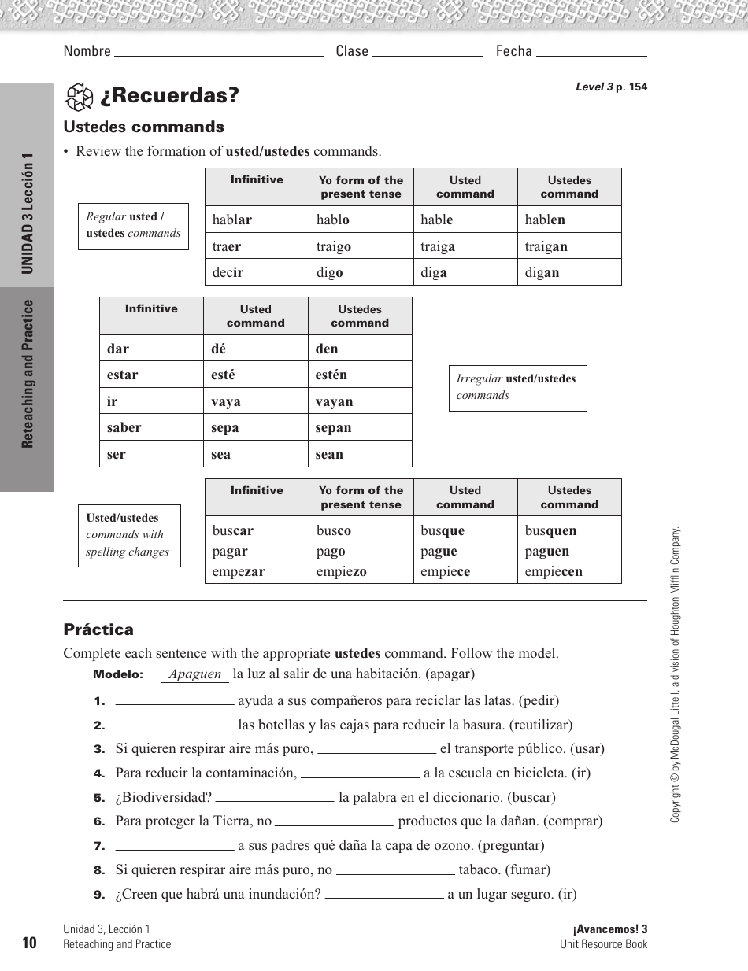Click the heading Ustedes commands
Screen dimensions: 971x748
pos(143,127)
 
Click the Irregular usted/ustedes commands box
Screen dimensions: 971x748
pos(517,387)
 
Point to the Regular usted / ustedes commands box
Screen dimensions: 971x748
pos(133,225)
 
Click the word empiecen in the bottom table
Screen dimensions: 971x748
pos(554,572)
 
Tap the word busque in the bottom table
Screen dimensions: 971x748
pos(443,530)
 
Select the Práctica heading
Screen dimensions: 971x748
pos(98,629)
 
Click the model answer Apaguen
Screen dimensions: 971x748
pos(195,674)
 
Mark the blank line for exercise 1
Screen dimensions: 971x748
pos(175,700)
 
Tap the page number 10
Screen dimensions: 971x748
pos(30,943)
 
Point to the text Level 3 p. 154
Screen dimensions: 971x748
pos(611,87)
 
